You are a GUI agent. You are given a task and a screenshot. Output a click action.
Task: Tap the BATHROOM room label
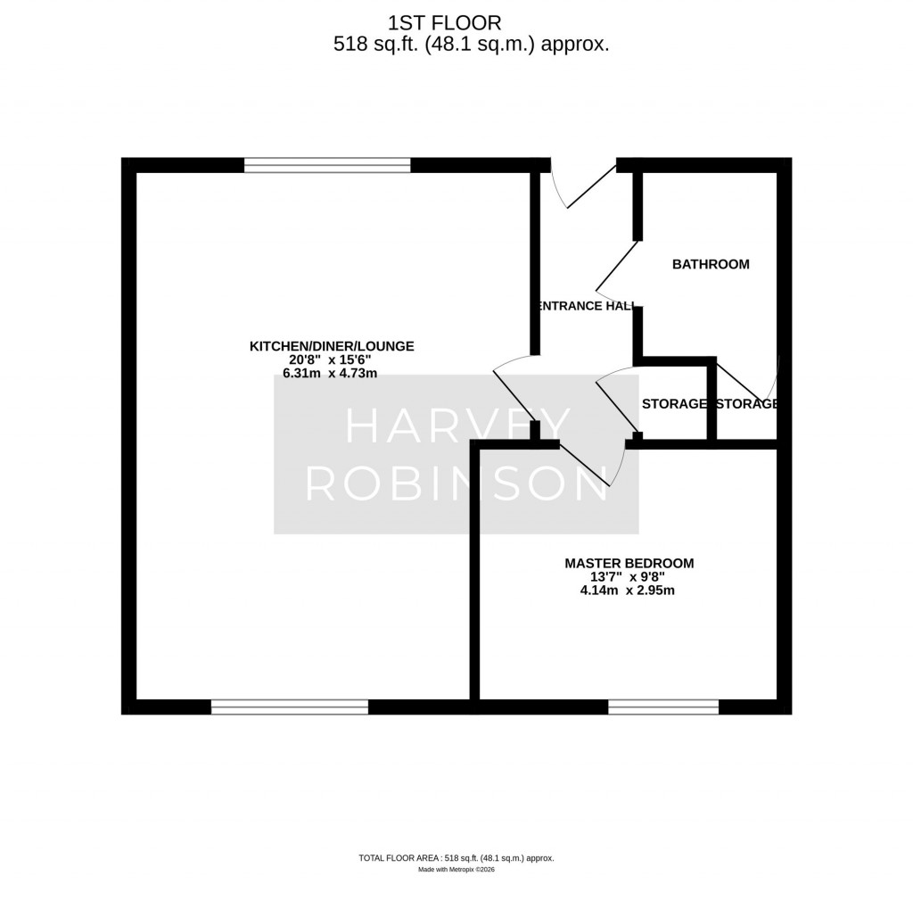click(x=711, y=264)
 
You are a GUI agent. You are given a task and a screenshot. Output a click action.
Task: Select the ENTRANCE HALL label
click(x=586, y=306)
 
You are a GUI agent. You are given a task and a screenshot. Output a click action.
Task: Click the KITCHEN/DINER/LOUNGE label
click(x=332, y=346)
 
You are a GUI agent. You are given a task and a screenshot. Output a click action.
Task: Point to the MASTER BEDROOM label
click(x=629, y=563)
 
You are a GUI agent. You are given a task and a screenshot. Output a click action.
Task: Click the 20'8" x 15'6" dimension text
click(x=332, y=360)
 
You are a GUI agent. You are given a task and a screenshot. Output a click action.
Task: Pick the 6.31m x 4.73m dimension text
click(x=332, y=374)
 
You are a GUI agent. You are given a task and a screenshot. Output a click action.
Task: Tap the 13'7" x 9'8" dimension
click(x=629, y=576)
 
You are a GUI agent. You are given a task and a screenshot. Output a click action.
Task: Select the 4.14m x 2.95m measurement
click(x=629, y=590)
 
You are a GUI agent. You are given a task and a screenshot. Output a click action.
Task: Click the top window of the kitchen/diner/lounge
click(x=327, y=165)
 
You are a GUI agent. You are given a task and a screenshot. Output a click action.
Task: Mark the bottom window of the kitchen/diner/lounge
click(x=290, y=707)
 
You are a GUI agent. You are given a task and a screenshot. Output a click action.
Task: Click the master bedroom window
click(x=663, y=707)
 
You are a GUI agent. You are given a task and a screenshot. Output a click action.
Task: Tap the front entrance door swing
click(x=584, y=186)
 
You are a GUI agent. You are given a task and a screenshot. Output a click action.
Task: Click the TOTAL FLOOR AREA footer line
click(x=456, y=858)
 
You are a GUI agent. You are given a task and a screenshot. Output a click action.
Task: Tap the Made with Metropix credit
click(x=456, y=870)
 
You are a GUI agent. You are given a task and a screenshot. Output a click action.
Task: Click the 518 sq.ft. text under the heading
click(x=366, y=45)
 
